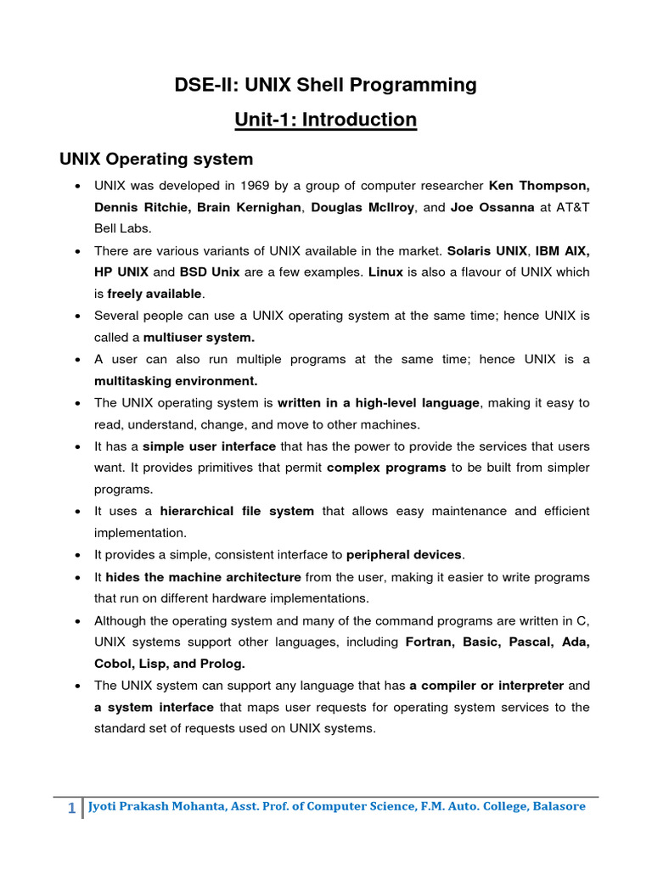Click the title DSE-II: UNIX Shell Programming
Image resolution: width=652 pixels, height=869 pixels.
[326, 85]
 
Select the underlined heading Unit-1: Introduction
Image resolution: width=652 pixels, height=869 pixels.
[326, 120]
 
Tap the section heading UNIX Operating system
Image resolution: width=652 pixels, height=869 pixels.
[155, 159]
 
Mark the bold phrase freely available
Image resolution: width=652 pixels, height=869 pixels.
[155, 294]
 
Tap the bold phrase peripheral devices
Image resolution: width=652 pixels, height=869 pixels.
[404, 555]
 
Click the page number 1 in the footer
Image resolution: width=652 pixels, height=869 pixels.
[72, 808]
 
